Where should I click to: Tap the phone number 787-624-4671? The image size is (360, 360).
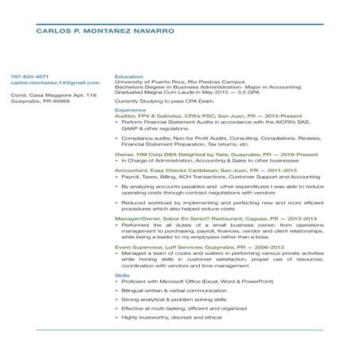tap(30, 76)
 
